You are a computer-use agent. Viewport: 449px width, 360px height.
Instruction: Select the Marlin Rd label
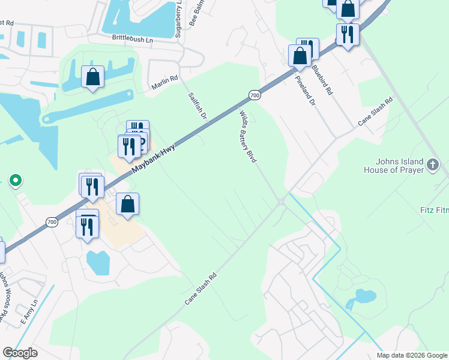point(165,83)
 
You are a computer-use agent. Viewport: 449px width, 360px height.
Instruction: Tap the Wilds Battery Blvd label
point(248,137)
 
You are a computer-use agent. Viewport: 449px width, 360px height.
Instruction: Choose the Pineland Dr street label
point(305,91)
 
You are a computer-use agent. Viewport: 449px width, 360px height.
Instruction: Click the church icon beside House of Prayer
point(433,163)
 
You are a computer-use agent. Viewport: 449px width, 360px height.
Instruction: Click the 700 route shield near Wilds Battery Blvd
point(255,95)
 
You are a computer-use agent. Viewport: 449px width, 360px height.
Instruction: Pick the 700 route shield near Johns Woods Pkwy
point(52,222)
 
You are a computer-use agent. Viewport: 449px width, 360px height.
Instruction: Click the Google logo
point(20,353)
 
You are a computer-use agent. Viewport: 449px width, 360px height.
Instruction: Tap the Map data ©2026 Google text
point(411,355)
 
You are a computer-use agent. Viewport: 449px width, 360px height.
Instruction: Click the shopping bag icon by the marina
point(92,77)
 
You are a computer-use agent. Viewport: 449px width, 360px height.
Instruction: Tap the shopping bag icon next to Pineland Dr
point(300,56)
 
